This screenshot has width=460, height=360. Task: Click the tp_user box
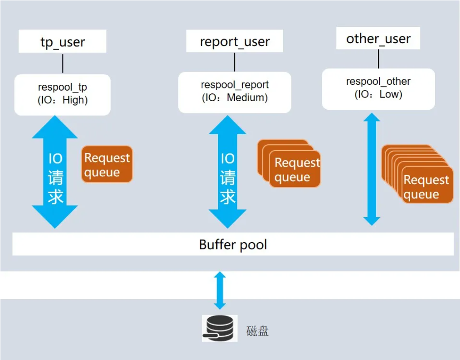[63, 42]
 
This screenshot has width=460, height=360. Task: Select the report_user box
[235, 42]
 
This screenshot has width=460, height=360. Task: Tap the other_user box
[378, 39]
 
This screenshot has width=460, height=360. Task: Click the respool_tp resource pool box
[63, 94]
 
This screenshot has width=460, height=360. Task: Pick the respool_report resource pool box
[235, 92]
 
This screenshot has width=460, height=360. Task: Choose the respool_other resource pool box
[378, 88]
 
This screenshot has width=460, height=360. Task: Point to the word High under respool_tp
[75, 101]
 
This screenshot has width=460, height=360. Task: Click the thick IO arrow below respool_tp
[55, 172]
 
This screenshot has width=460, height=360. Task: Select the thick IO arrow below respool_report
[228, 172]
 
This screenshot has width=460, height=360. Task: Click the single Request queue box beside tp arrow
[107, 164]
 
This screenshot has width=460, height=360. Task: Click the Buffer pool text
[233, 245]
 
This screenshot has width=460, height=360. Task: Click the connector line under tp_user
[63, 63]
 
